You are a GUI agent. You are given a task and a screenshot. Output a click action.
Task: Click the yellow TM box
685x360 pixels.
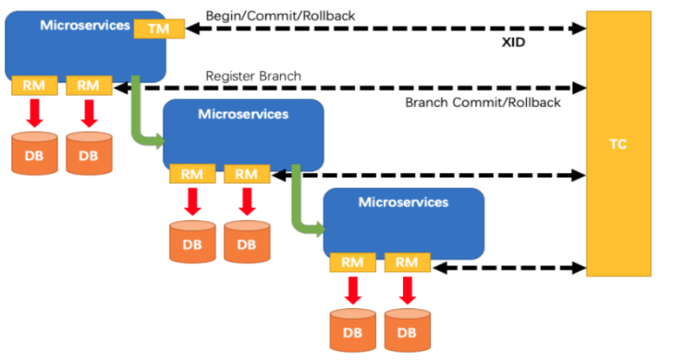point(159,29)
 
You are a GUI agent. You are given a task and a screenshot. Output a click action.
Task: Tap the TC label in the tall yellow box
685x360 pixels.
point(618,144)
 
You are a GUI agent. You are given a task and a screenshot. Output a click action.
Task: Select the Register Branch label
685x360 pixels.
point(254,76)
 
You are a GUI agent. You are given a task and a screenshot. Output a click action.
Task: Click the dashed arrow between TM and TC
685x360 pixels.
point(386,29)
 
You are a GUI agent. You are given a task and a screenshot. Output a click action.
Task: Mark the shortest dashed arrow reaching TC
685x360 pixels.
point(508,266)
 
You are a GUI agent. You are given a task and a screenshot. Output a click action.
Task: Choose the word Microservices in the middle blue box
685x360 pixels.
point(243,113)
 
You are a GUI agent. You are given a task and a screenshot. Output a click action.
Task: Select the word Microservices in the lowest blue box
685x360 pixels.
point(403,202)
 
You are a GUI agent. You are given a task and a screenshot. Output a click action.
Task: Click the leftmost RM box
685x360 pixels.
point(34,85)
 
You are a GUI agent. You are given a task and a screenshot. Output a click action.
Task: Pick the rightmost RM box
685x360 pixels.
point(407,262)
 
